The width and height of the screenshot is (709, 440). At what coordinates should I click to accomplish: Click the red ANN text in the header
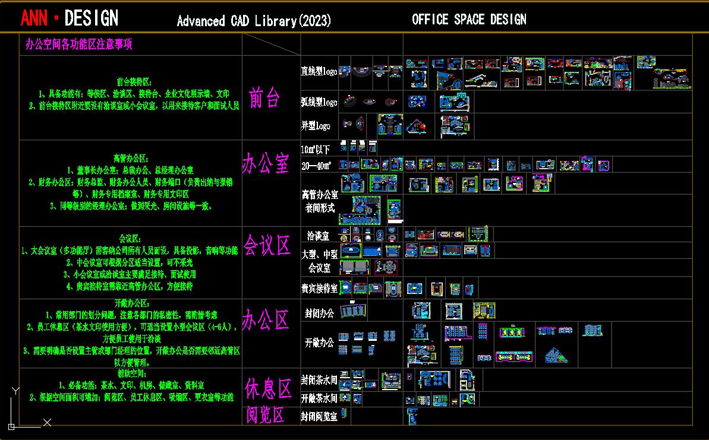click(34, 18)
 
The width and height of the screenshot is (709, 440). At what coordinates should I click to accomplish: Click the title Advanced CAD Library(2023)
click(254, 21)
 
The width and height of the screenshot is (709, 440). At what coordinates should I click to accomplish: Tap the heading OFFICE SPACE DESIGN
click(469, 20)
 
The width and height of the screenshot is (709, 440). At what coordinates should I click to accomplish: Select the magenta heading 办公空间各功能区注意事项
click(78, 45)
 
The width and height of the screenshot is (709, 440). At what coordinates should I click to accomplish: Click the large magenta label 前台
click(264, 98)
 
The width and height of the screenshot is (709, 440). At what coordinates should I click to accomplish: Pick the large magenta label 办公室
click(265, 163)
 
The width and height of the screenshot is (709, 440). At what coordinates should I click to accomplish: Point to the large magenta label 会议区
click(266, 245)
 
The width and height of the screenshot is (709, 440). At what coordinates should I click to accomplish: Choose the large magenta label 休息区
click(268, 390)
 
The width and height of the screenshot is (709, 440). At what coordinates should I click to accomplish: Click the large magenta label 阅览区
click(266, 415)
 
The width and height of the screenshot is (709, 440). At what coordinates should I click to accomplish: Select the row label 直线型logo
click(319, 71)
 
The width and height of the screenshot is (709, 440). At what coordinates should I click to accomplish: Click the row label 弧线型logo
click(319, 102)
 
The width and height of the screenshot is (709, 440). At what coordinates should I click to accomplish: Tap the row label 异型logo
click(316, 126)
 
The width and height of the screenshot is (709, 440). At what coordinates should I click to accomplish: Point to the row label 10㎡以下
click(316, 149)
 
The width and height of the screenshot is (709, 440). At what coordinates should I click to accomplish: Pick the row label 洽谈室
click(319, 236)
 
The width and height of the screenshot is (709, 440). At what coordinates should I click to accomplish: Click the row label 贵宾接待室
click(319, 289)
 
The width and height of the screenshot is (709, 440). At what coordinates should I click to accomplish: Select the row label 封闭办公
click(320, 312)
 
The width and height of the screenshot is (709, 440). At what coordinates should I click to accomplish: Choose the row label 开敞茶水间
click(319, 398)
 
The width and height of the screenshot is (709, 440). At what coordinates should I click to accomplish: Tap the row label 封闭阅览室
click(319, 416)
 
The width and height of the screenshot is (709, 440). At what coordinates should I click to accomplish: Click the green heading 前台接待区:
click(134, 82)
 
